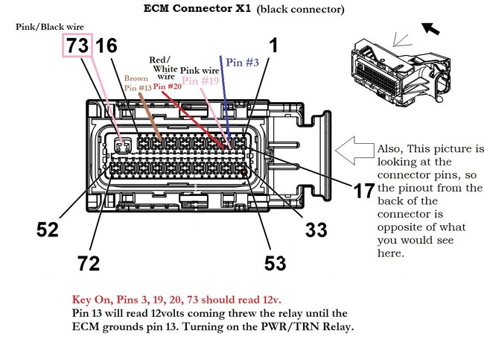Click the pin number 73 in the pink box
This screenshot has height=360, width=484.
pos(77,45)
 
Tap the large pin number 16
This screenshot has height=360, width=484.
pos(106,45)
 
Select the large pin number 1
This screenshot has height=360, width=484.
pos(273,45)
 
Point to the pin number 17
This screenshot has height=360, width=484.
pos(364,190)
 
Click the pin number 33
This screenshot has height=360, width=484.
pos(316,230)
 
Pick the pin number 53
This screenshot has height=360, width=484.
pos(275,263)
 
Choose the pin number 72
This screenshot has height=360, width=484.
pos(89,263)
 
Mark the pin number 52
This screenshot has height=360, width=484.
pos(47,230)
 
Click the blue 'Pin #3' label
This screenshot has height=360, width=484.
pos(242,63)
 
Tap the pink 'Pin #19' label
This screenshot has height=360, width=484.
pos(200,81)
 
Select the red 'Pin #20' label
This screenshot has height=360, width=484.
pos(168,86)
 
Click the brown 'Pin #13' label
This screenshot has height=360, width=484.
pos(138,88)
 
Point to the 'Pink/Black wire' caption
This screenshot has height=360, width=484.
pos(50,27)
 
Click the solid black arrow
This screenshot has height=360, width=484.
pos(430,28)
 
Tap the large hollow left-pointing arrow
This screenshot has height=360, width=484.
pos(354,150)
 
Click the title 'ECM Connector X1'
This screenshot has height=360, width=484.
pos(197,8)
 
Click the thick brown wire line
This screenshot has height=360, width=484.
pos(150,117)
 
